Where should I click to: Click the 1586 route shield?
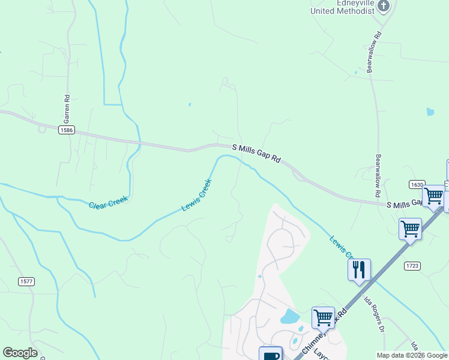(x=66, y=130)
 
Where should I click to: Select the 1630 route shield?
(x=417, y=184)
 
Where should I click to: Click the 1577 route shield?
(x=26, y=281)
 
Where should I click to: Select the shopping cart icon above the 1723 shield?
(x=410, y=228)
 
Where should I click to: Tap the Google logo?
(x=20, y=353)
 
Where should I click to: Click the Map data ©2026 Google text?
(x=412, y=355)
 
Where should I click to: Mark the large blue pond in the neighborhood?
(x=290, y=316)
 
